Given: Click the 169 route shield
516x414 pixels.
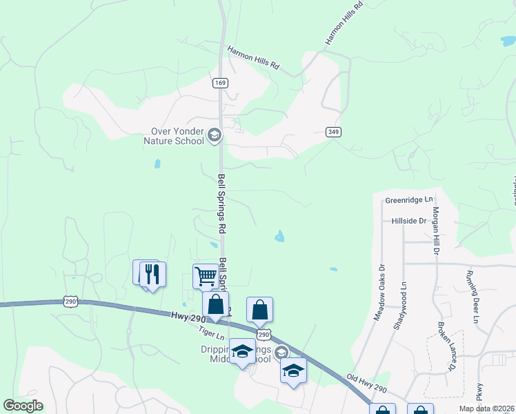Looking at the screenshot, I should [x=220, y=83].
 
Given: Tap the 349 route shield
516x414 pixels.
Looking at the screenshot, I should [x=334, y=132].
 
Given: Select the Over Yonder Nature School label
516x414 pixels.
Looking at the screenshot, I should [x=178, y=136].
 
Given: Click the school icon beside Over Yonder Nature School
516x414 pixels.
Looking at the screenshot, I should [x=214, y=135].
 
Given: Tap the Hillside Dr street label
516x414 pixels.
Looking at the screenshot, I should [x=408, y=220].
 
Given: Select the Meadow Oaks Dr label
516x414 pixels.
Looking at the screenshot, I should [x=379, y=290].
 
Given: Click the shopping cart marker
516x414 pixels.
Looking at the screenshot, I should [x=206, y=276].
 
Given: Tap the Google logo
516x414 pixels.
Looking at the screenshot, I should [x=23, y=406].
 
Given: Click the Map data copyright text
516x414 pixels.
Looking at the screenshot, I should [x=487, y=408].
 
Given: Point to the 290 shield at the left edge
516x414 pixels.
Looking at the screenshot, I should [x=70, y=301].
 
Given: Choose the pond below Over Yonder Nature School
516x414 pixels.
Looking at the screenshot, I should [x=157, y=164].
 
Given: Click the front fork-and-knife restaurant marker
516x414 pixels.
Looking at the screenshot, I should [x=152, y=275].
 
